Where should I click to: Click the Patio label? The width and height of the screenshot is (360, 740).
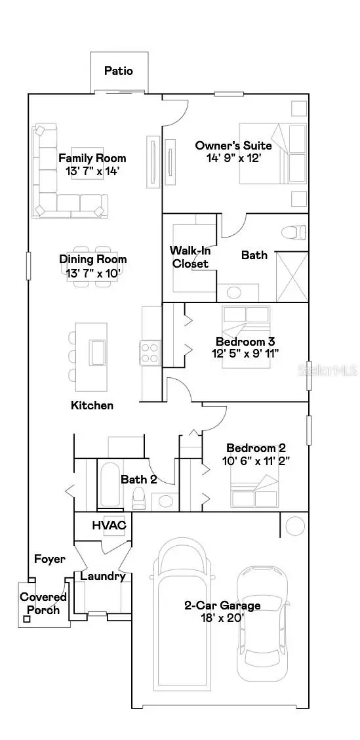(119, 70)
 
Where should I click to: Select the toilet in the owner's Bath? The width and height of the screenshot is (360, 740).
(292, 232)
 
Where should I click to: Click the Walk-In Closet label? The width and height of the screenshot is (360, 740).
(190, 257)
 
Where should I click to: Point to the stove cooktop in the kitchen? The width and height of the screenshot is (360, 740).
(150, 353)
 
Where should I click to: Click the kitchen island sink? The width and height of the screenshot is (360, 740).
(98, 352)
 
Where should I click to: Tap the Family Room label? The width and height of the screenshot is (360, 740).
(92, 158)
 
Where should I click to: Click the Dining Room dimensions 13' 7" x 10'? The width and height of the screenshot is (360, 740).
(93, 273)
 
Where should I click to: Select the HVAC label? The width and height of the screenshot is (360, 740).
(108, 525)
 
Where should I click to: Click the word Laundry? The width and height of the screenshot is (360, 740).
(102, 576)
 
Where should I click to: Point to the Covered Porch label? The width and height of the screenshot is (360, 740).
(43, 604)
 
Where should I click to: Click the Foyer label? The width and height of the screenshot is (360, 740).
(50, 559)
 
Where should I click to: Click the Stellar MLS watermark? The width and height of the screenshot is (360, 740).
(335, 371)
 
